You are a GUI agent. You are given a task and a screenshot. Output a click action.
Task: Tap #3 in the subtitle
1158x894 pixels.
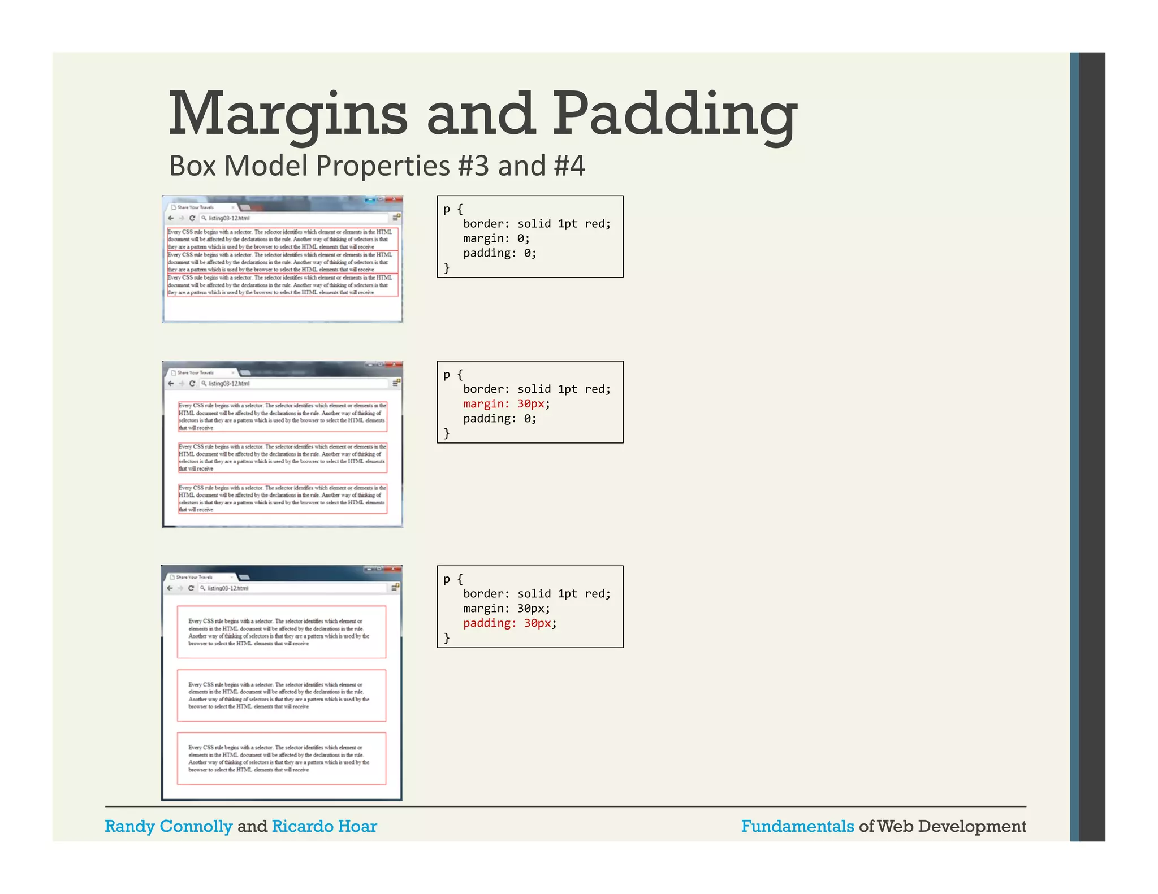point(473,166)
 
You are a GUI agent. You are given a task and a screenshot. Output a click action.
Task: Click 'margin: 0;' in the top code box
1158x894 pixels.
point(496,238)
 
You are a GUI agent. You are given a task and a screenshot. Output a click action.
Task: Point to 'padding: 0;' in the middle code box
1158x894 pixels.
point(499,419)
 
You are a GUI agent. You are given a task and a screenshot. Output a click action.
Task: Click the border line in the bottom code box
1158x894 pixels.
point(537,594)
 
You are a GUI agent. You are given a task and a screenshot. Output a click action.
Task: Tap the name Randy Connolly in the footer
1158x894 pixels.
point(168,826)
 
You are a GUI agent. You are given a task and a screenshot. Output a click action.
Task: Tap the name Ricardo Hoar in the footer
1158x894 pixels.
point(324,826)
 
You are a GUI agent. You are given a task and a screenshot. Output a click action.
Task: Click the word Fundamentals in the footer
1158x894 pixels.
point(797,826)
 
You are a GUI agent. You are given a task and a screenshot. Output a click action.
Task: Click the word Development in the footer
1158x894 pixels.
point(972,826)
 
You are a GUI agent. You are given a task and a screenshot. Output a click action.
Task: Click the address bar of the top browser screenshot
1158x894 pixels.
point(294,218)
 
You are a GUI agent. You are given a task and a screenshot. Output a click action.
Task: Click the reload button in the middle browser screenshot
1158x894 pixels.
point(192,384)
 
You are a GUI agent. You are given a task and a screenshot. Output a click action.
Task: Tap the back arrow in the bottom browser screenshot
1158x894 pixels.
point(170,588)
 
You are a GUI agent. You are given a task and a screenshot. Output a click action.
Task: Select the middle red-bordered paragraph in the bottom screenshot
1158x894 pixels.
point(282,696)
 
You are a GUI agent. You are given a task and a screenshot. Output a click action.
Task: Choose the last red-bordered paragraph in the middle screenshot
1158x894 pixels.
point(283,498)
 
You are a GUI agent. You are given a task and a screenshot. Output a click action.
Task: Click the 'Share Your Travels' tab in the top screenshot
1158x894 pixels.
point(198,207)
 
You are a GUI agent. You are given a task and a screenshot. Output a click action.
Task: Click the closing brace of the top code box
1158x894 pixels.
point(447,268)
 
